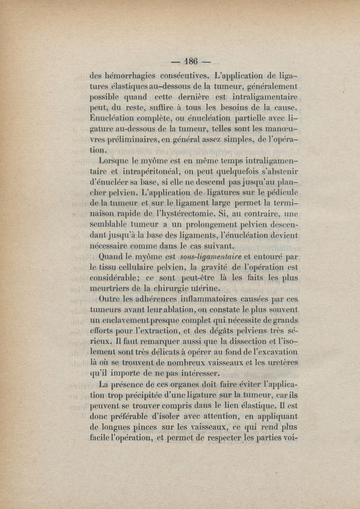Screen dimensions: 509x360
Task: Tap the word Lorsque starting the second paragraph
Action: [113, 161]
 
